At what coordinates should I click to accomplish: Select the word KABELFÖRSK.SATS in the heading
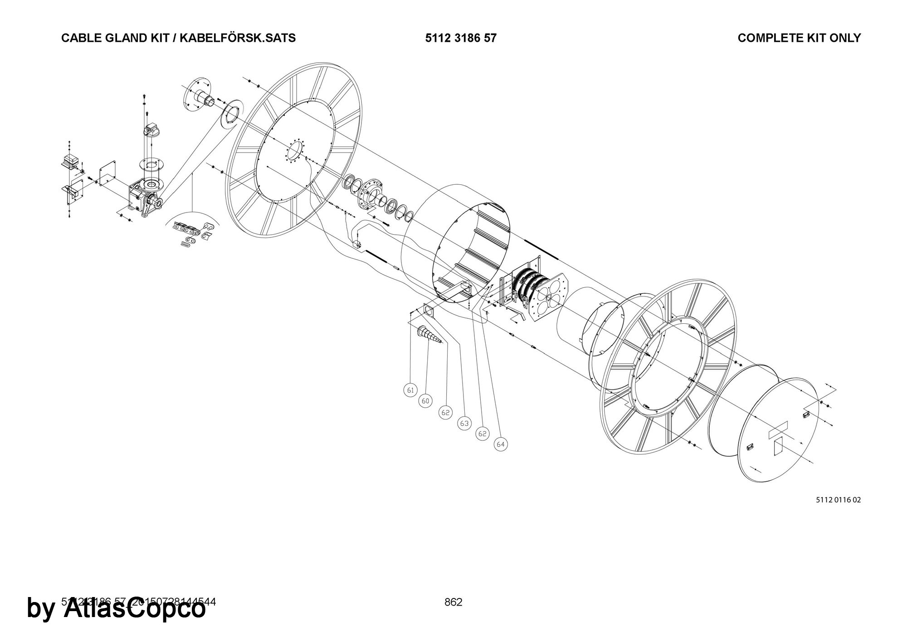pyautogui.click(x=238, y=38)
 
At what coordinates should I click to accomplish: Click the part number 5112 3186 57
pyautogui.click(x=461, y=38)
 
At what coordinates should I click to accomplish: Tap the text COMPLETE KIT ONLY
pyautogui.click(x=799, y=38)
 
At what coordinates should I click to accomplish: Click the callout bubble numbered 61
pyautogui.click(x=410, y=390)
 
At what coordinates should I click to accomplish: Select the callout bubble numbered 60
pyautogui.click(x=425, y=401)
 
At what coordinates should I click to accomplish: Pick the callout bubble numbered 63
pyautogui.click(x=464, y=424)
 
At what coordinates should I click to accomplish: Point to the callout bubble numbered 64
pyautogui.click(x=501, y=444)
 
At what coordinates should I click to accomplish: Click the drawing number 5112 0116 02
pyautogui.click(x=838, y=500)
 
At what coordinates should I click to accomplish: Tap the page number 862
pyautogui.click(x=453, y=602)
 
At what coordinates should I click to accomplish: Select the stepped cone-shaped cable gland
pyautogui.click(x=429, y=336)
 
